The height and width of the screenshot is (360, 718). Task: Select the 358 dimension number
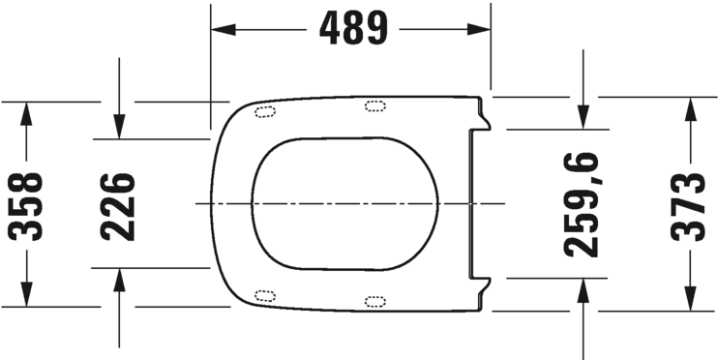[x=27, y=204]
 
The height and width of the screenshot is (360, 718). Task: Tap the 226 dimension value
[x=118, y=204]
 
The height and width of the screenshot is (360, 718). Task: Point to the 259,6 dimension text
[x=583, y=204]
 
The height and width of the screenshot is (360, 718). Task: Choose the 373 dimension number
[x=689, y=204]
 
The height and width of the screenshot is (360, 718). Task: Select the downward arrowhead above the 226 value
[x=118, y=128]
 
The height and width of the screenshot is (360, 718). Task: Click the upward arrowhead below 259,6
[x=583, y=288]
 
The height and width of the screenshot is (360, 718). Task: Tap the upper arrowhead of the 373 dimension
[x=689, y=107]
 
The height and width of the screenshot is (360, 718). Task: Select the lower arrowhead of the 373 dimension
[x=689, y=300]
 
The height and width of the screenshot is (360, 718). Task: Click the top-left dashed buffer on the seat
[x=264, y=111]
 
